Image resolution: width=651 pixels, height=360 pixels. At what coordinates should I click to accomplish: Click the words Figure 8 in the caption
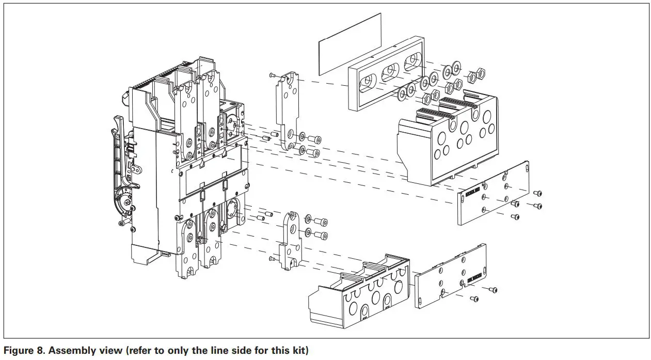(21, 351)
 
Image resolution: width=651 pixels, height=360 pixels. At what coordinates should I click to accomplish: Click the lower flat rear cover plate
(450, 276)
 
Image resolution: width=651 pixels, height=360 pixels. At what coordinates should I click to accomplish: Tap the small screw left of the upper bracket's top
(272, 76)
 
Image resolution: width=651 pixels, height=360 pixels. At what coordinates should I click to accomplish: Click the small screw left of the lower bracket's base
(272, 258)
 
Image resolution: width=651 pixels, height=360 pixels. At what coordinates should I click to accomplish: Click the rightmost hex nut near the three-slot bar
(481, 73)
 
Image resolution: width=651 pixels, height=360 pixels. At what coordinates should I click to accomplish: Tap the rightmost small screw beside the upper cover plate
(538, 206)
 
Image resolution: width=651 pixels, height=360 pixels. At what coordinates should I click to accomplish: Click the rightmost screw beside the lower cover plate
(494, 290)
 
